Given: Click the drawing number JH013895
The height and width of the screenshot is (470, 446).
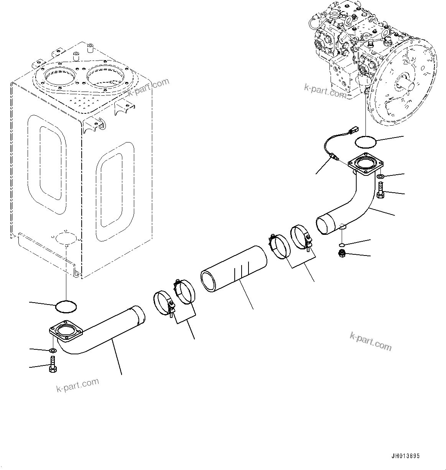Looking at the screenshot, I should click(x=405, y=456).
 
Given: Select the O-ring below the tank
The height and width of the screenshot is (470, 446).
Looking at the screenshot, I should click(x=66, y=306).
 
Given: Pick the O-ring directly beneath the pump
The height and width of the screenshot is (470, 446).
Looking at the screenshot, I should click(x=365, y=142).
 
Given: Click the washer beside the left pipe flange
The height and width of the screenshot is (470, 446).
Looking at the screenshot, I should click(x=53, y=350).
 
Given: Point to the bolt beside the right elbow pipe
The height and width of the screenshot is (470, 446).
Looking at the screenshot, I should click(x=380, y=190).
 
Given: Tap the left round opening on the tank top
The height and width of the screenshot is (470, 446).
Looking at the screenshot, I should click(x=58, y=79).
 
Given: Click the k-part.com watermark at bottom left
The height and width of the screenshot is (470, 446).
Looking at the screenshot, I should click(x=78, y=384).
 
